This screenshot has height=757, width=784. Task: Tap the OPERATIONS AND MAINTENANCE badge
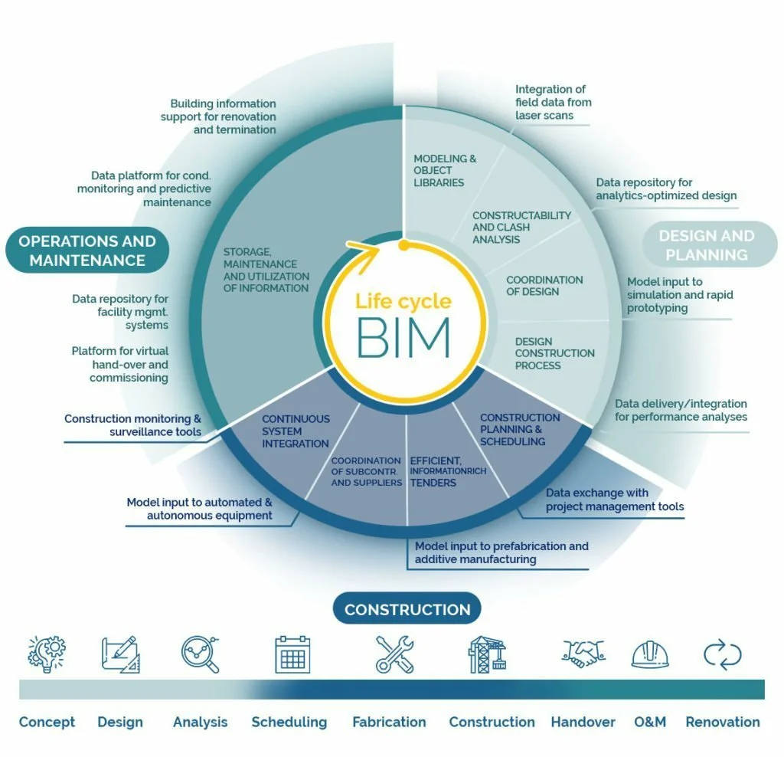(x=87, y=251)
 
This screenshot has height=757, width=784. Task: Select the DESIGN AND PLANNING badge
(x=706, y=245)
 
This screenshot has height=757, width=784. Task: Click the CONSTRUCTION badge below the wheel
(x=407, y=610)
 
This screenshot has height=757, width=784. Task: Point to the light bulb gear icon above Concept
(x=47, y=654)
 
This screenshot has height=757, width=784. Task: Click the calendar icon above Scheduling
(x=292, y=654)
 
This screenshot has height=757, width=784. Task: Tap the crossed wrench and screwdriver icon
(x=395, y=654)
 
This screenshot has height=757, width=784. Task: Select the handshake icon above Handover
(x=583, y=653)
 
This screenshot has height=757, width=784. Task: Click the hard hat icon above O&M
(x=649, y=654)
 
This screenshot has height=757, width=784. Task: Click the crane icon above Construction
(x=488, y=654)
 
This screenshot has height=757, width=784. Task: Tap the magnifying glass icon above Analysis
(x=201, y=654)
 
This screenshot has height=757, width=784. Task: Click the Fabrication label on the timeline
(x=389, y=722)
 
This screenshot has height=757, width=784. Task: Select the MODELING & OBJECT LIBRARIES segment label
(x=445, y=171)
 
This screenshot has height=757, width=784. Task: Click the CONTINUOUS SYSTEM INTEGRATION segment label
(x=296, y=431)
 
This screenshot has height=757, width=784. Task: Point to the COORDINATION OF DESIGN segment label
(x=544, y=286)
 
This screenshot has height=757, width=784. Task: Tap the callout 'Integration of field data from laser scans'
(x=553, y=103)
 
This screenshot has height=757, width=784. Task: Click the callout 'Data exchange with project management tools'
(x=614, y=500)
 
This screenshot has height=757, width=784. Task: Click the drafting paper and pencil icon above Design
(x=121, y=654)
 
